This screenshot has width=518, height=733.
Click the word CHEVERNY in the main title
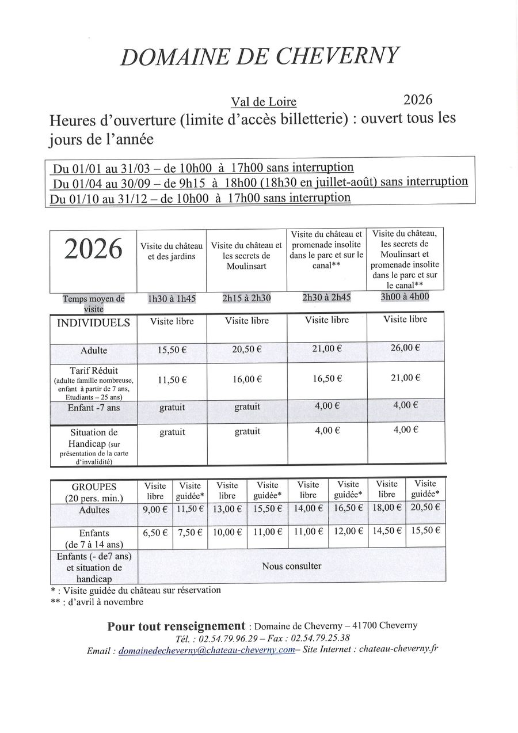[338, 55]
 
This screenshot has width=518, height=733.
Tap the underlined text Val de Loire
[264, 102]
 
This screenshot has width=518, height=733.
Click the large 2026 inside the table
[93, 249]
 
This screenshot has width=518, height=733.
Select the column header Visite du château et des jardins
[172, 251]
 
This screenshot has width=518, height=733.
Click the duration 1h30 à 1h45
[172, 299]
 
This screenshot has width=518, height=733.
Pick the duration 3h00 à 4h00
[405, 297]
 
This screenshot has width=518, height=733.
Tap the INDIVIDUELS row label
[93, 322]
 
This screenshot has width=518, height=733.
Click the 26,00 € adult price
[405, 348]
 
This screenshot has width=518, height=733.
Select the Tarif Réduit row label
[94, 370]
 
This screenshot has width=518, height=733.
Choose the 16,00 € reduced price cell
[247, 379]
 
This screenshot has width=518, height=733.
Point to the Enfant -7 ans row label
[93, 408]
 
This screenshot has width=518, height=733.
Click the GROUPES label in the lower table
[94, 487]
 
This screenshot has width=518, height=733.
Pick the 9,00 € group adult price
[155, 508]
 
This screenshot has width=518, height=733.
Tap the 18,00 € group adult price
[387, 507]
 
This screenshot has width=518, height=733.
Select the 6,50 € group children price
[155, 533]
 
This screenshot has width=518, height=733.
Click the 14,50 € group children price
[387, 531]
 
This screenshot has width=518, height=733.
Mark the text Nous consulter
[291, 566]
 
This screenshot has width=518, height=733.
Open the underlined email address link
[206, 650]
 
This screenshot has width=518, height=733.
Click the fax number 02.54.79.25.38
[320, 638]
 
